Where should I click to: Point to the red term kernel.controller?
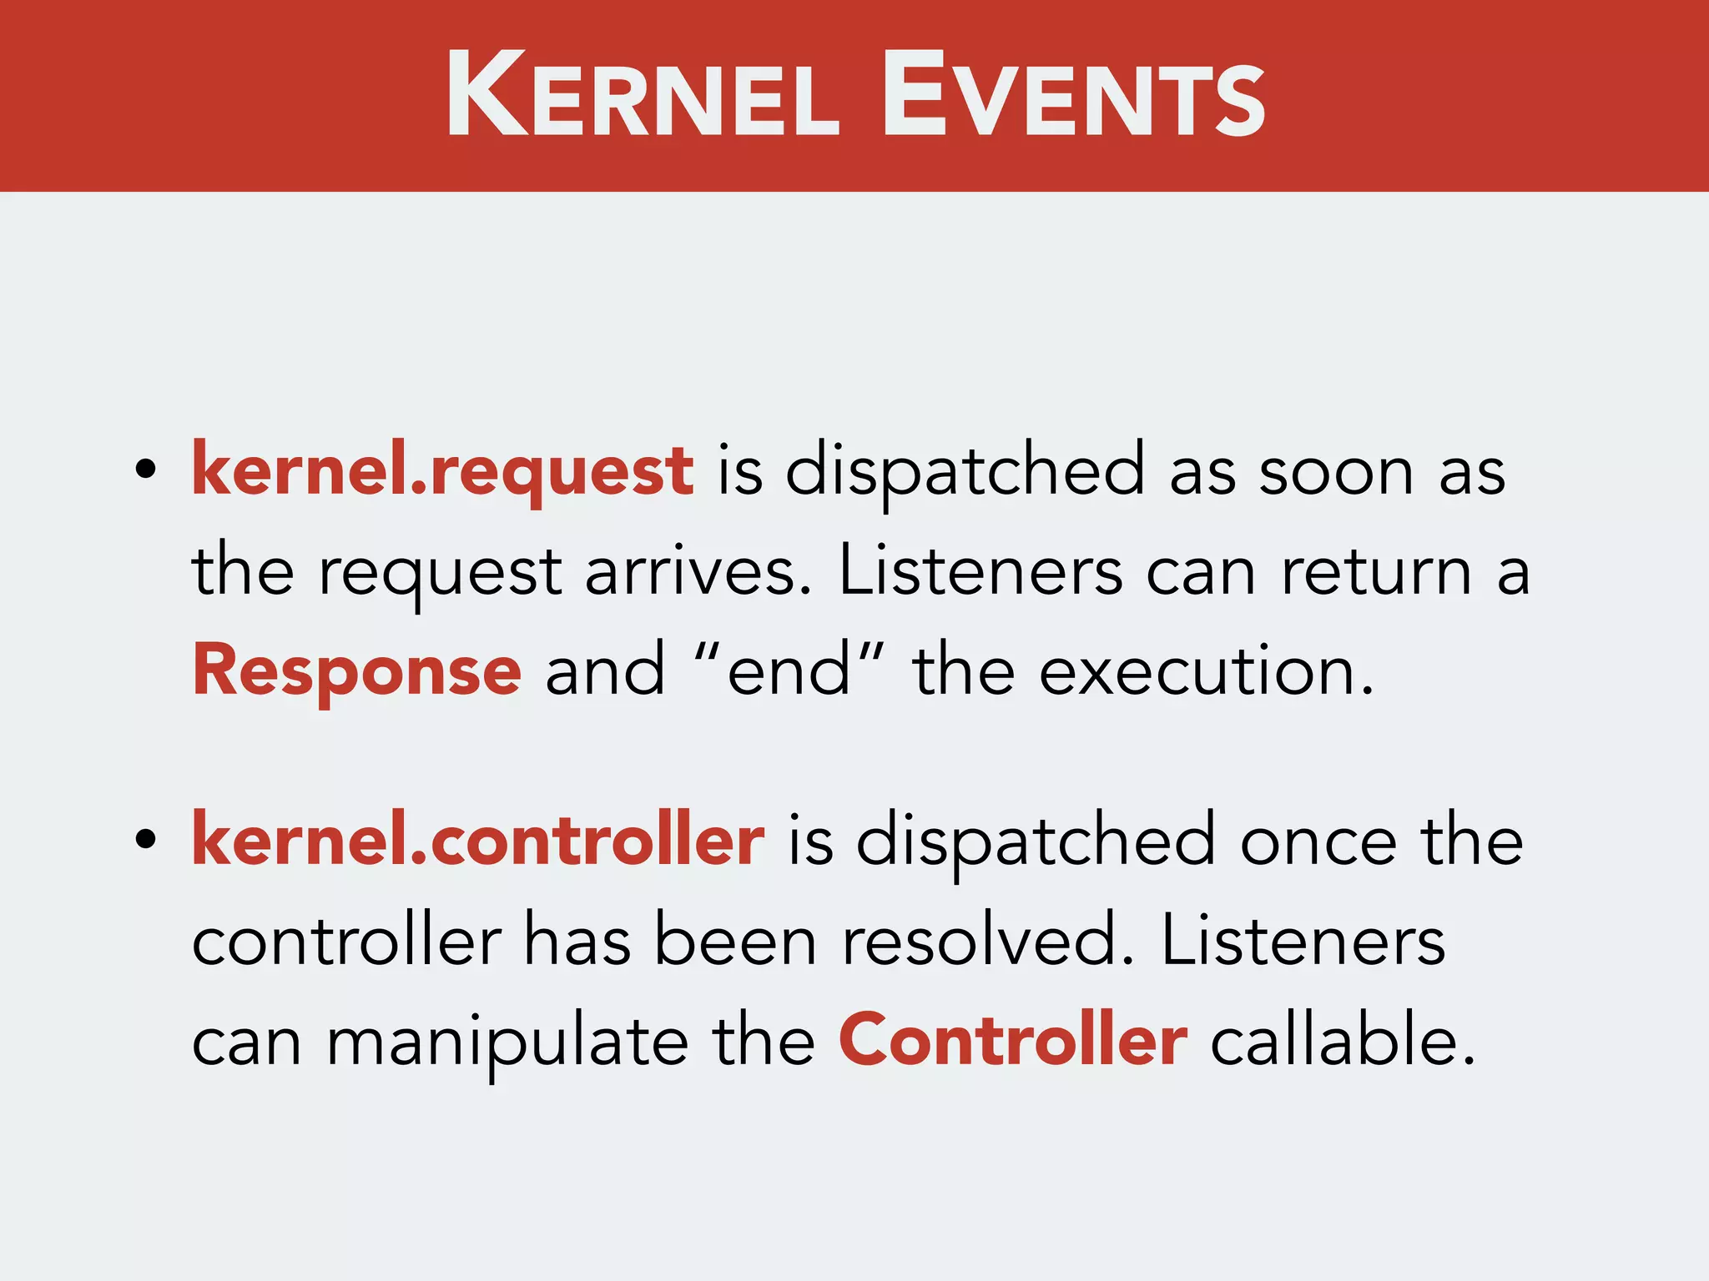478,841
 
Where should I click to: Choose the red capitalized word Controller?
1013,1040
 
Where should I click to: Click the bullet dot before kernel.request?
146,470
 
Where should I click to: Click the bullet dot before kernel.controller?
146,840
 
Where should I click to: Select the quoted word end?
789,671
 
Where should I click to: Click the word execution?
1205,671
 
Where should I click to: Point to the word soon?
1336,472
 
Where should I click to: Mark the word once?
1318,841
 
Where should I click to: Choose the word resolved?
988,941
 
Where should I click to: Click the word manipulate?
507,1042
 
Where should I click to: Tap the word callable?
1342,1040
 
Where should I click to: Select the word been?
735,941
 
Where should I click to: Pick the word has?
577,941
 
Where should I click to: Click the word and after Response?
605,671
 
